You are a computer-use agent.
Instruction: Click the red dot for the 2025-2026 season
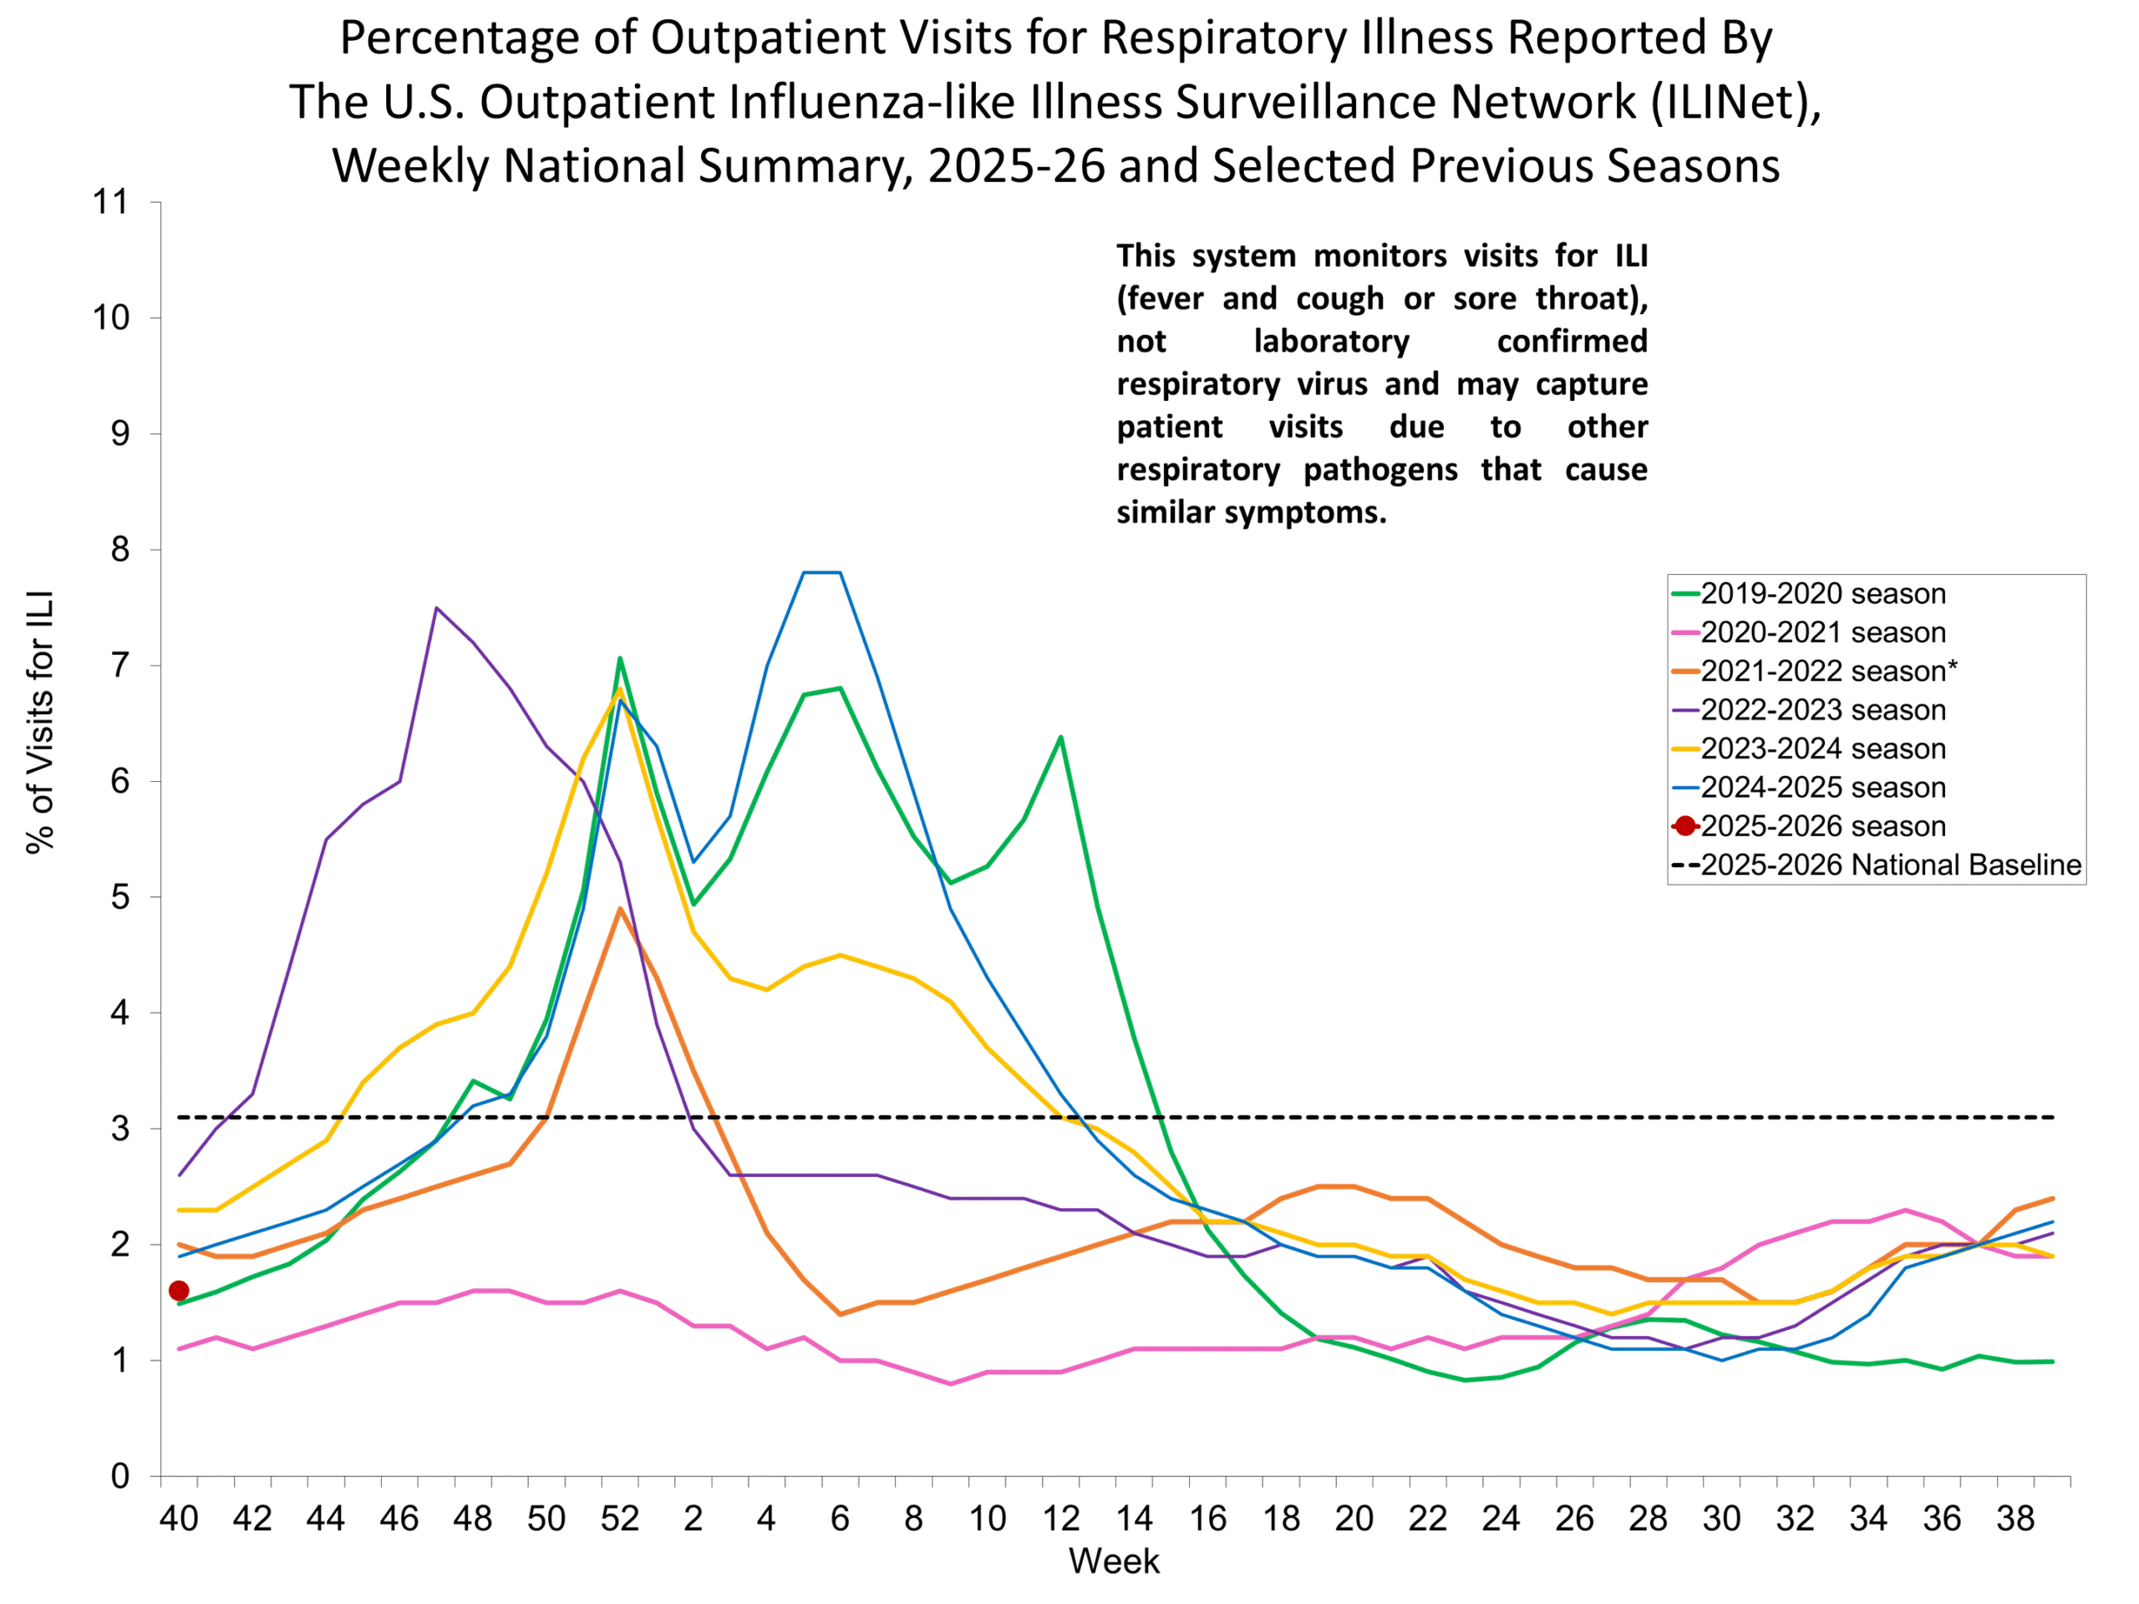[179, 1291]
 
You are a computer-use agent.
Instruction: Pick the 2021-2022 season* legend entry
[1827, 671]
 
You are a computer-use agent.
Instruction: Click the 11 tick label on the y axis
[110, 202]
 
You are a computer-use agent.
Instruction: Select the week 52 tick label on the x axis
[620, 1519]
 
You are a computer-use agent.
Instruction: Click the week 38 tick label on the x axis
[2016, 1519]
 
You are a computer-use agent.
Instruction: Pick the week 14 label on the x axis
[1135, 1519]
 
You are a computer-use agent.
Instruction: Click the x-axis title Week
[1114, 1561]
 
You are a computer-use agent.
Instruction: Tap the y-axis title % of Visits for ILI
[41, 721]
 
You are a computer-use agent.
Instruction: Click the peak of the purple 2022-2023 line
[436, 608]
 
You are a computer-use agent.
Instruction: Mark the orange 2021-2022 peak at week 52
[620, 909]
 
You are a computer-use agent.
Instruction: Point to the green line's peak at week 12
[1061, 737]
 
